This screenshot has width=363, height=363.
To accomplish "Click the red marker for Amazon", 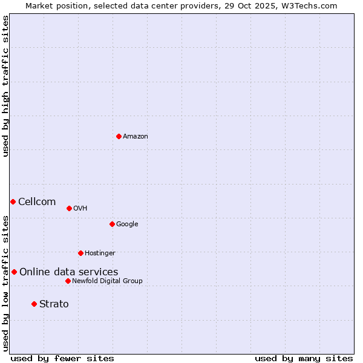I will (119, 136).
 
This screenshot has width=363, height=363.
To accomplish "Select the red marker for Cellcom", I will (13, 201).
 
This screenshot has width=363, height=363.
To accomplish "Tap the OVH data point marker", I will (69, 208).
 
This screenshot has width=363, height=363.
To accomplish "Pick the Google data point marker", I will (112, 224).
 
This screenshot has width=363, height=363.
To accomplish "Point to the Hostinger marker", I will (80, 253).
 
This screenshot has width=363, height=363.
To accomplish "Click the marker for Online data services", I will (14, 272).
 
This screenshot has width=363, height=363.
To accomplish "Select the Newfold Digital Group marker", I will (68, 281).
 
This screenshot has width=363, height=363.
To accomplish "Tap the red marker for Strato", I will (34, 304).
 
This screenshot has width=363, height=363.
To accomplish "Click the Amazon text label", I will (136, 137).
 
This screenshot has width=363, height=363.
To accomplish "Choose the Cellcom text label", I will (37, 202).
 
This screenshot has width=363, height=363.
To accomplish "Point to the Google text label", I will (127, 224).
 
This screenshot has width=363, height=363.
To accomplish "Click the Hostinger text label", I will (100, 253).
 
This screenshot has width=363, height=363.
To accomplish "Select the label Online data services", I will (68, 272).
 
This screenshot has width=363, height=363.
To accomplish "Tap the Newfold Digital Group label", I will (107, 281).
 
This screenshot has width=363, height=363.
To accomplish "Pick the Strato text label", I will (54, 304).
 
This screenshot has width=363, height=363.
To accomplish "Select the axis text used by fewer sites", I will (62, 358).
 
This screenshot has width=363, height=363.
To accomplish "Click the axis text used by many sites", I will (304, 358).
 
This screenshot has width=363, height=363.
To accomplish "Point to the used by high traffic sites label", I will (5, 86).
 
